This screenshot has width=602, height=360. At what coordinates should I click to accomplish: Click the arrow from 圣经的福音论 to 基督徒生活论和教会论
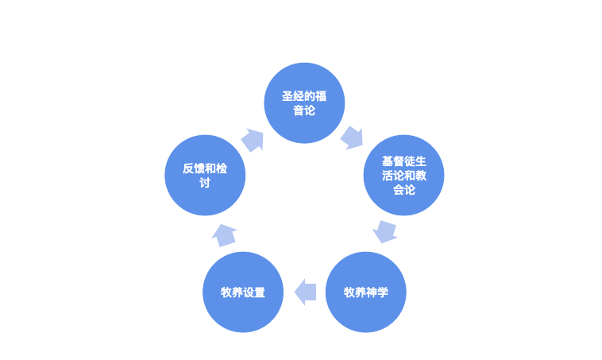click(352, 137)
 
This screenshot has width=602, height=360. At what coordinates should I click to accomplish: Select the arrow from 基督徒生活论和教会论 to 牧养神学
click(385, 231)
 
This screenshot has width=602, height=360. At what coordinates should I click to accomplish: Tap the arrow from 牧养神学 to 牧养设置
click(305, 292)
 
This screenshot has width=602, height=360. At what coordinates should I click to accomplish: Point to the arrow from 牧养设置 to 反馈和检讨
click(224, 234)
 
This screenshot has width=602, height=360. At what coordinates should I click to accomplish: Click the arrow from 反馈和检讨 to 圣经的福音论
click(253, 141)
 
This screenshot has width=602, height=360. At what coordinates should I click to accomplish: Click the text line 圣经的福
click(303, 96)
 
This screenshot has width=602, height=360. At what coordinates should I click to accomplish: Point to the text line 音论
click(303, 110)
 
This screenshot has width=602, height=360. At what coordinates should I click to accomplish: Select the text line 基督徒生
click(404, 161)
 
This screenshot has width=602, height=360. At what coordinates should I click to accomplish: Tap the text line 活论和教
click(404, 176)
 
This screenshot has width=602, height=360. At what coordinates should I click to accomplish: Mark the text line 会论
click(404, 190)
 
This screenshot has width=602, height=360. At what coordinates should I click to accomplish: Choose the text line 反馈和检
click(205, 168)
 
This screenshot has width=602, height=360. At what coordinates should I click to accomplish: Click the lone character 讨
click(205, 183)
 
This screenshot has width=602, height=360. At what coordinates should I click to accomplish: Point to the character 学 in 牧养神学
click(383, 292)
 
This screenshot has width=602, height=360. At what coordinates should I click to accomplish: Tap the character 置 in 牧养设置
click(260, 292)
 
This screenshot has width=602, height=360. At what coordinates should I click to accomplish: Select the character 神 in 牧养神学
click(372, 292)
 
